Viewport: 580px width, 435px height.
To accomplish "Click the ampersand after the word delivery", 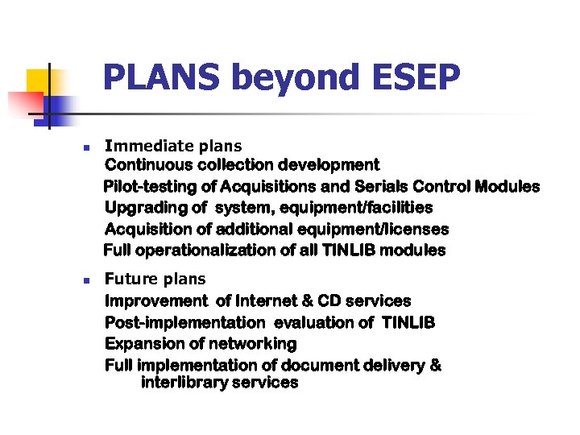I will pos(436,365).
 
